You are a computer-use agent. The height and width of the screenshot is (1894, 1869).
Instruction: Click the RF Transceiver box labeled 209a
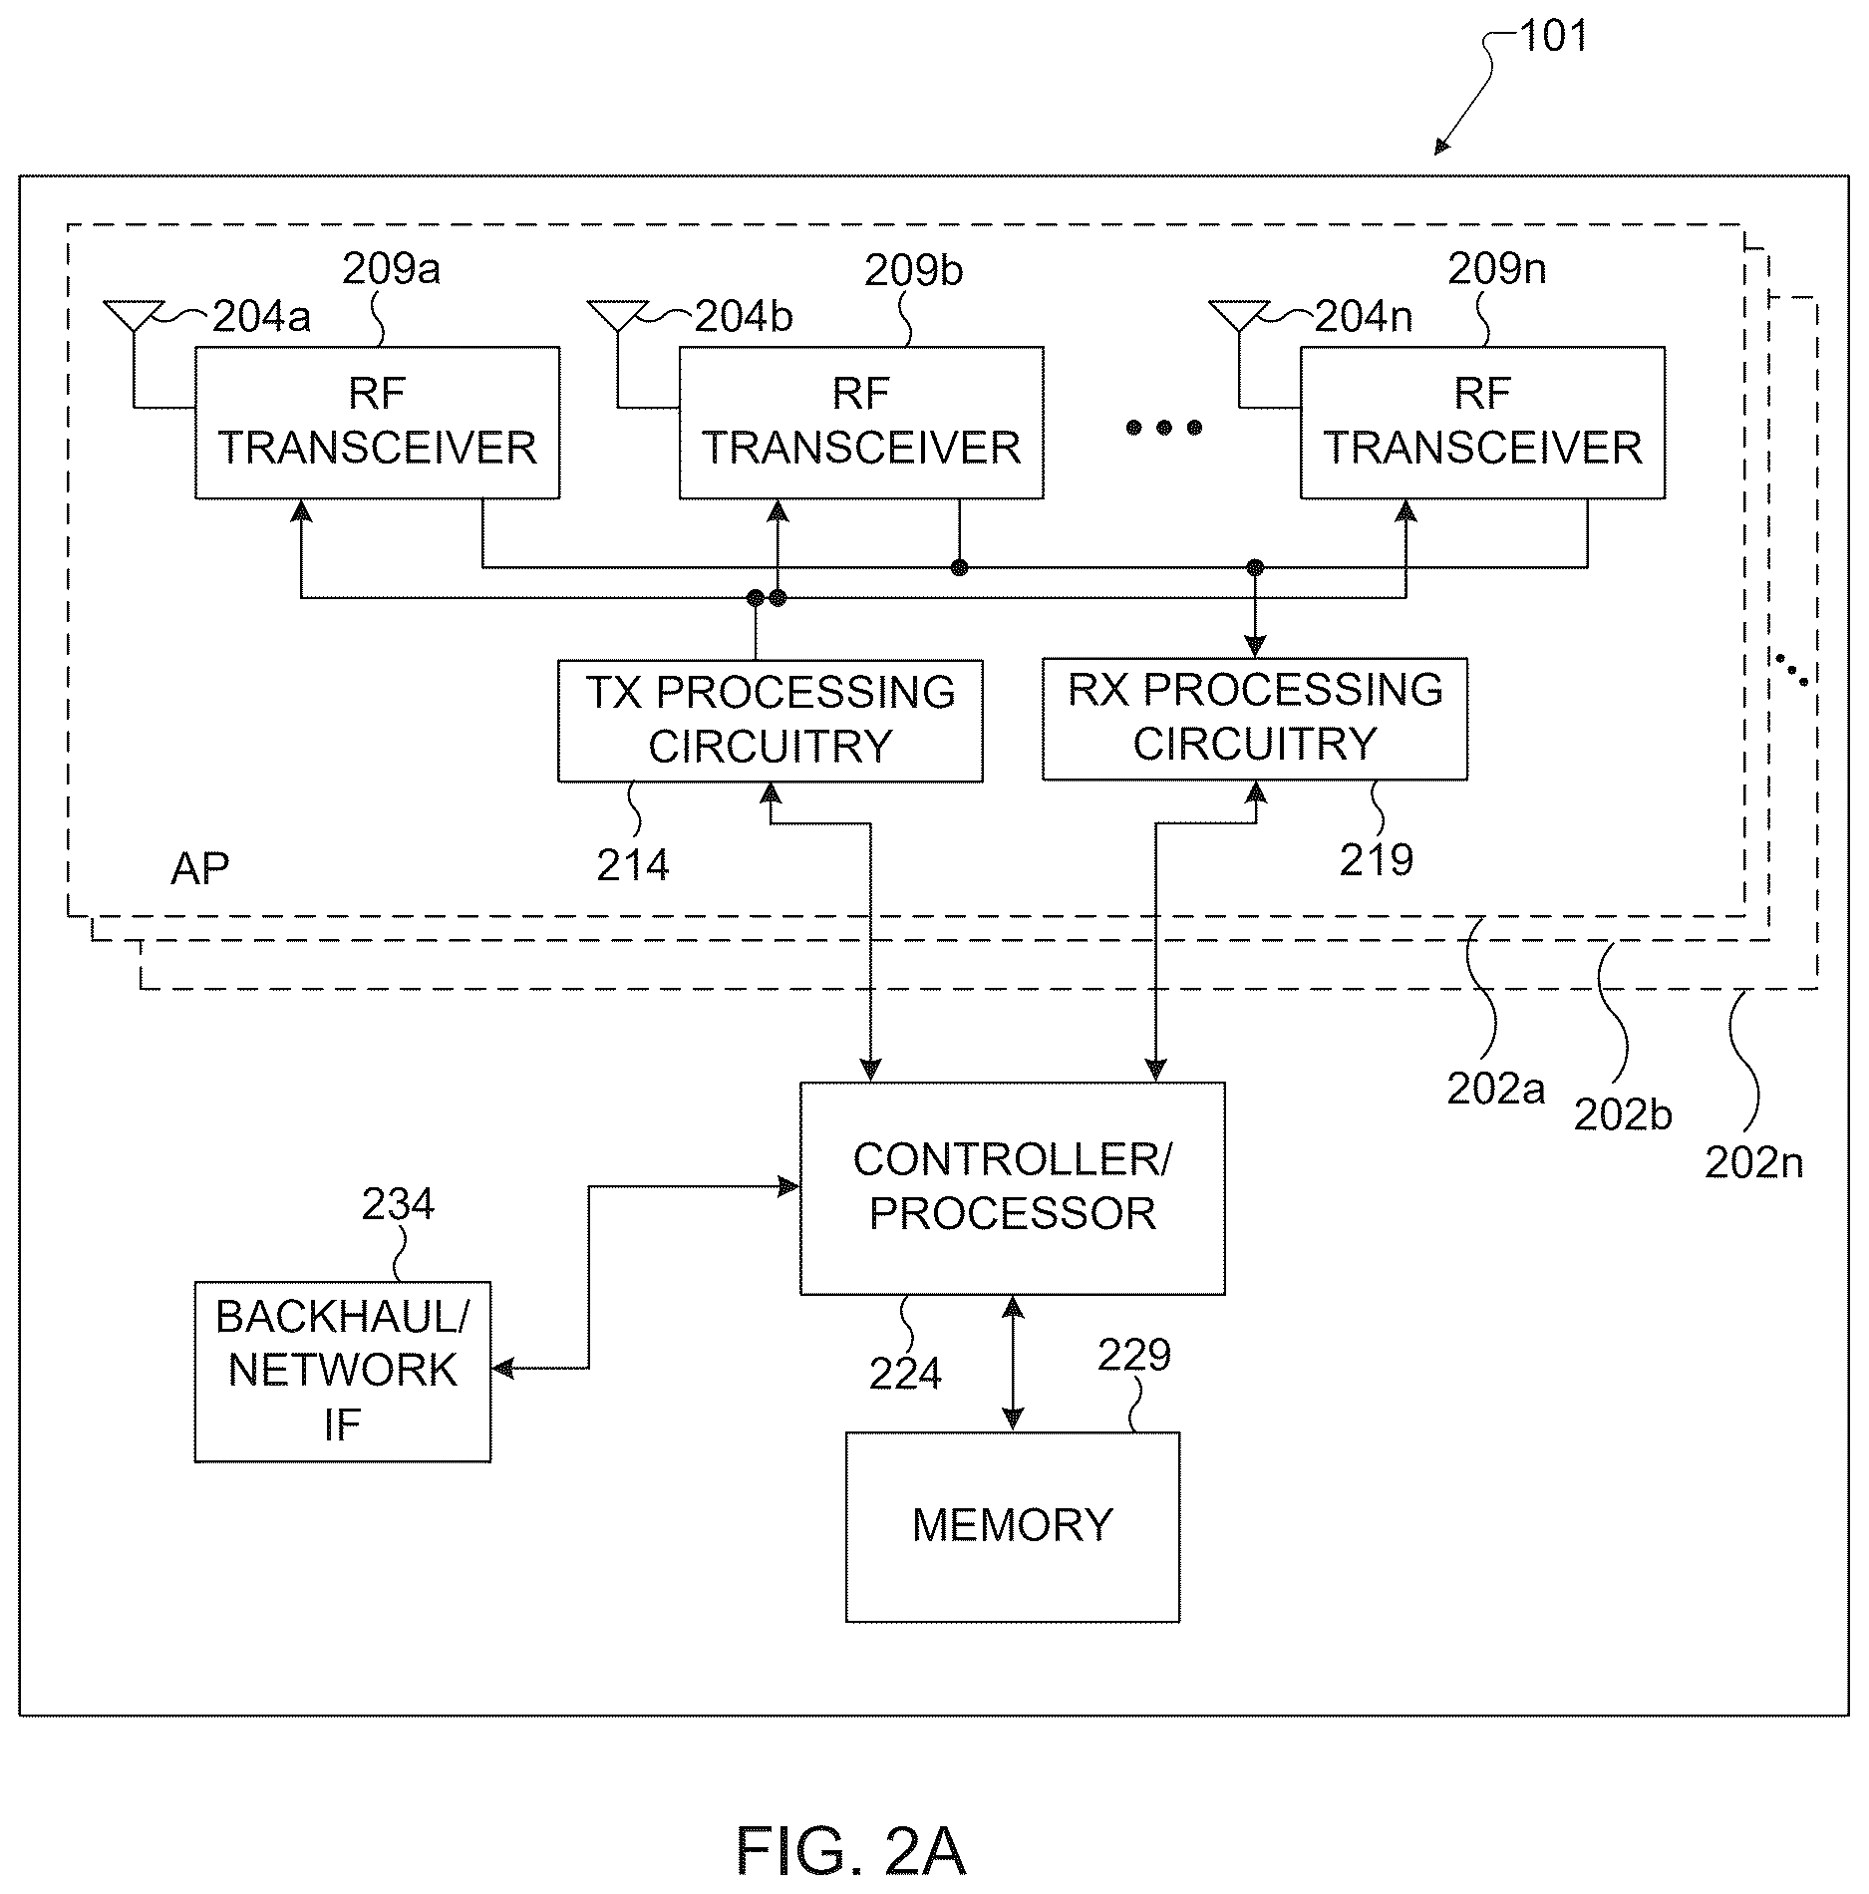pos(377,423)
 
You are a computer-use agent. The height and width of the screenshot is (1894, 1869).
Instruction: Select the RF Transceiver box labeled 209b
pos(861,423)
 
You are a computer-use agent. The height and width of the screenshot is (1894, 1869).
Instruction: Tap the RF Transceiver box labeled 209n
pos(1482,423)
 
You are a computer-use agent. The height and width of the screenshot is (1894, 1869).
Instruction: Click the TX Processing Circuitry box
pos(770,721)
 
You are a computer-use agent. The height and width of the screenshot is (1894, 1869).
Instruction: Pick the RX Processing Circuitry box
pos(1255,719)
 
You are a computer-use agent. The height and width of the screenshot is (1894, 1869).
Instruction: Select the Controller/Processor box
pos(1013,1188)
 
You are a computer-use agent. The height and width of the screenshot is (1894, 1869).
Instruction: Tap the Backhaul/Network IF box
pos(343,1372)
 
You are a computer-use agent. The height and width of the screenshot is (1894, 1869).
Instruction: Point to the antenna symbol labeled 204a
pos(134,316)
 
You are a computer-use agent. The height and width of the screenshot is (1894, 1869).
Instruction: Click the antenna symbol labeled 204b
pos(618,316)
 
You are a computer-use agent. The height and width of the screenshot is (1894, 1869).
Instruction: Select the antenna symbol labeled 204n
pos(1239,316)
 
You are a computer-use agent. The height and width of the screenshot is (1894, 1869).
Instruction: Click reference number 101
pos(1553,36)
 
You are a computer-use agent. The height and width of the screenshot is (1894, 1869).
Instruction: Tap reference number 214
pos(633,865)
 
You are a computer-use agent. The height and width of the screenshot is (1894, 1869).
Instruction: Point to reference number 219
pos(1376,860)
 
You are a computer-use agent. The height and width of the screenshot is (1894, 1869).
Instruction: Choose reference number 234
pos(398,1205)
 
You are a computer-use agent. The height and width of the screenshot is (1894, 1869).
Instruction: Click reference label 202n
pos(1753,1163)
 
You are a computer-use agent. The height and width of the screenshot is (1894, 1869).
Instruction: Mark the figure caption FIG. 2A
pos(851,1852)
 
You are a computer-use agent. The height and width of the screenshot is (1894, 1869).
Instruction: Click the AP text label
pos(200,870)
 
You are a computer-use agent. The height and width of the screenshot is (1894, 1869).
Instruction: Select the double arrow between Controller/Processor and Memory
pos(1013,1364)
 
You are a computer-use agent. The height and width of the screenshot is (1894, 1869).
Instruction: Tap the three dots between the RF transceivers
pos(1164,429)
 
